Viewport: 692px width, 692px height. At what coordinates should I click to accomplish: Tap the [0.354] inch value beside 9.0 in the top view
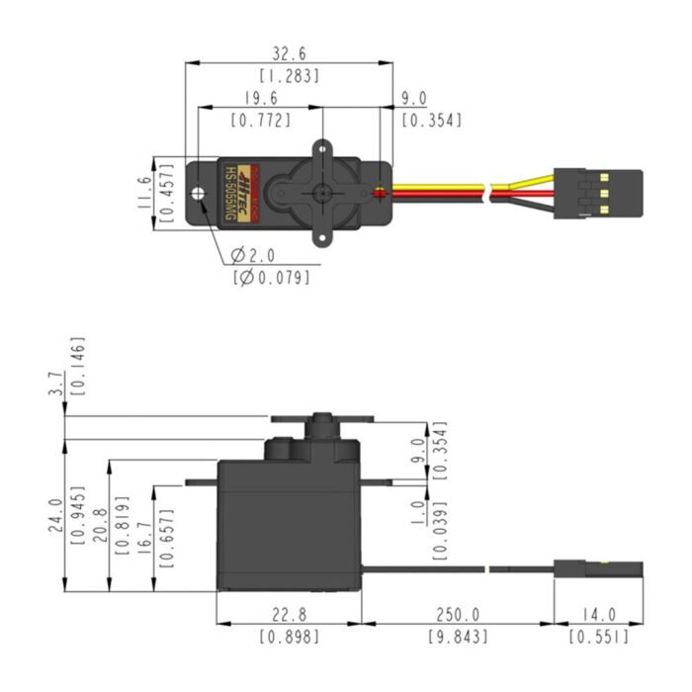pos(431,121)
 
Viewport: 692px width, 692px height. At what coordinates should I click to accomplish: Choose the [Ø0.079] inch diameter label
pos(269,278)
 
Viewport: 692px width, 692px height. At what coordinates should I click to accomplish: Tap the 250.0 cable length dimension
pos(457,616)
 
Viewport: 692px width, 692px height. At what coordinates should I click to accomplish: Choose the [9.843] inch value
pos(457,639)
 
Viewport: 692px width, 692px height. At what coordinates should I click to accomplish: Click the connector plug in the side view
pos(598,568)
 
